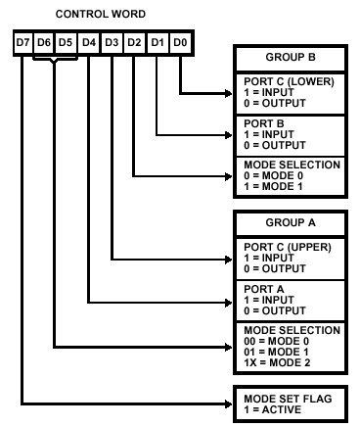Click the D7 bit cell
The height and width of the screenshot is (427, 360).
point(22,43)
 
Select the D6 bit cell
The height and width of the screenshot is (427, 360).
point(44,43)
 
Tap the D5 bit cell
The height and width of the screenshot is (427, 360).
point(66,43)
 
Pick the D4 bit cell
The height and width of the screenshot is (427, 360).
point(89,43)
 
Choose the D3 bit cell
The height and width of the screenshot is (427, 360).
point(112,43)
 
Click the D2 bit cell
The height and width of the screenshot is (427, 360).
point(135,43)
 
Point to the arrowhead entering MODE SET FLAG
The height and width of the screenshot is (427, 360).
point(228,403)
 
